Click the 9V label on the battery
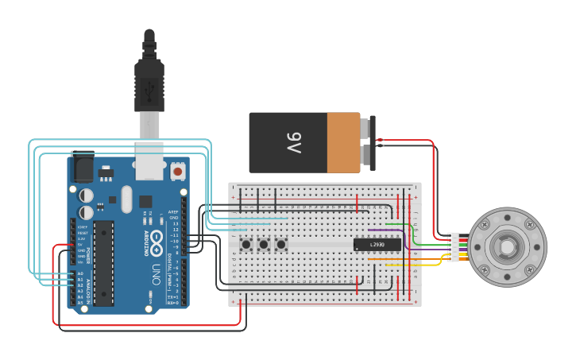293,144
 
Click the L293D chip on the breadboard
377,245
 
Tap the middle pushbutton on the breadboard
263,244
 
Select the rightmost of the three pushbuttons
280,244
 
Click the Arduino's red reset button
178,171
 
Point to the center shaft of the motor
506,247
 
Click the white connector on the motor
453,246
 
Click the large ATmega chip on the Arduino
103,262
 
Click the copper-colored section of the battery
343,142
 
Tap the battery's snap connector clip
371,143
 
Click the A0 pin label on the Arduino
79,273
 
